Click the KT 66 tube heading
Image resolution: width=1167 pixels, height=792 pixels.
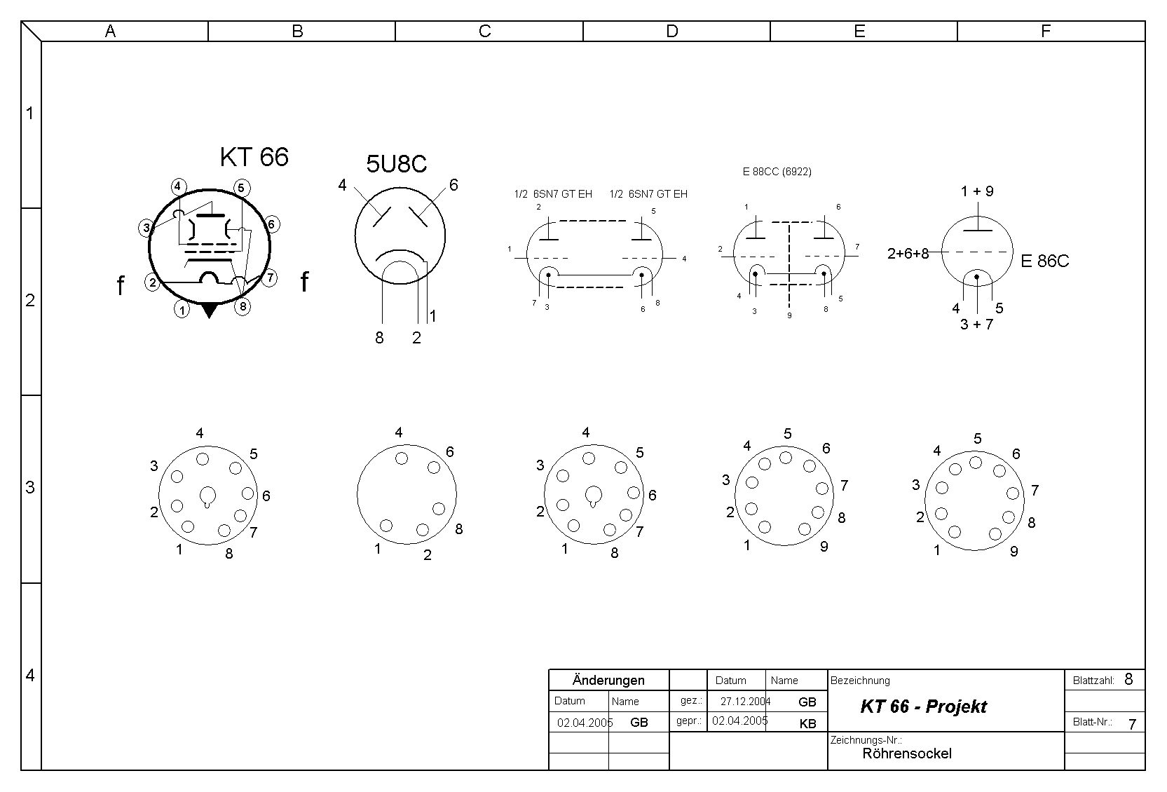pyautogui.click(x=254, y=157)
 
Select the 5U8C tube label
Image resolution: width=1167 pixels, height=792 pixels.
pyautogui.click(x=397, y=163)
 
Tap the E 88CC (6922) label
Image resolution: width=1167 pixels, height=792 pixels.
pyautogui.click(x=777, y=172)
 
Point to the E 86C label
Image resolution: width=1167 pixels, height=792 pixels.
pyautogui.click(x=1044, y=261)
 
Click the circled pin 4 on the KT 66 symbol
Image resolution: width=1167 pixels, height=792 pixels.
pyautogui.click(x=178, y=186)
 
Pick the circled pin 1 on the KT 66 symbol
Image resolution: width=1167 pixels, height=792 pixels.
pyautogui.click(x=182, y=310)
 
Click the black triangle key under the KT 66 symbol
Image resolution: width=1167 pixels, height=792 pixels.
pyautogui.click(x=210, y=310)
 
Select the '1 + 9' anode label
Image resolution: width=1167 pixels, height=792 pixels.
pyautogui.click(x=977, y=191)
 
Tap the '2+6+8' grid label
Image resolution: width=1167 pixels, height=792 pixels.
pyautogui.click(x=908, y=254)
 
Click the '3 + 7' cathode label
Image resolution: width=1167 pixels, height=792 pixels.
pyautogui.click(x=977, y=324)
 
